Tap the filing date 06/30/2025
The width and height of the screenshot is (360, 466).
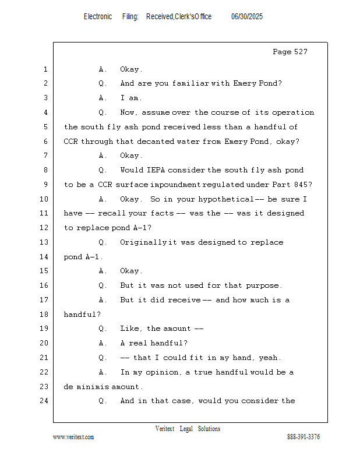[247, 17]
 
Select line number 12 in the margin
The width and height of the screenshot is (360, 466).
[45, 227]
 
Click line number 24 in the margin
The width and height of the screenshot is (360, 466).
[45, 401]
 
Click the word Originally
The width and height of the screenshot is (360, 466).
[143, 242]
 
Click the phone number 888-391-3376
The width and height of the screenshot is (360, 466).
[303, 437]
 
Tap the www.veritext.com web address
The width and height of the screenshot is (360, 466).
[73, 437]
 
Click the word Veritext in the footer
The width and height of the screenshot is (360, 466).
[165, 429]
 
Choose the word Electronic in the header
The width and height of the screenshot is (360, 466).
[98, 17]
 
